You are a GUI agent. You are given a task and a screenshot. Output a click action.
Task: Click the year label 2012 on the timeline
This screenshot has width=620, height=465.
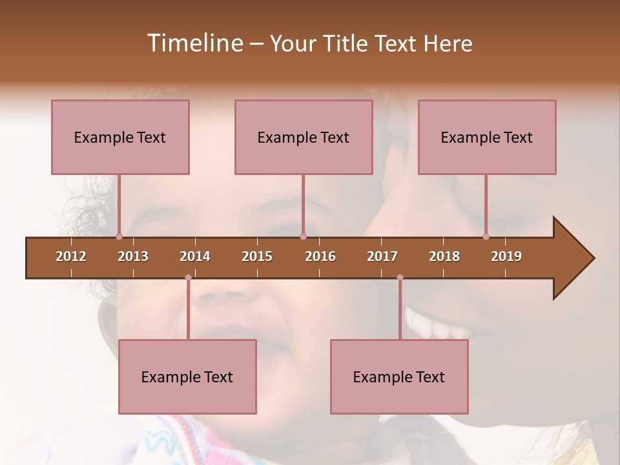point(71,256)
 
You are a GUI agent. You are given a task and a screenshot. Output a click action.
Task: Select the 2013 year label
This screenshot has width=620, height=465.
point(133,256)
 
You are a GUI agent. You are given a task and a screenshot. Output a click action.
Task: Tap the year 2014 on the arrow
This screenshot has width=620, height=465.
point(195,256)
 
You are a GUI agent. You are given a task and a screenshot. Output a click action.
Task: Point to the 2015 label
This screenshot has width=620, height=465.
point(257,256)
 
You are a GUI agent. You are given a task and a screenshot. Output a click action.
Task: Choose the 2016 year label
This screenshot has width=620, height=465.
point(320,256)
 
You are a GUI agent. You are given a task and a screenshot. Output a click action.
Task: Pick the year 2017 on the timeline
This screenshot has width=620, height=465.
point(382,256)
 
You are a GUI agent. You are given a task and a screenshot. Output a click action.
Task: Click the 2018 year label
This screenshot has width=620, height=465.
point(444,256)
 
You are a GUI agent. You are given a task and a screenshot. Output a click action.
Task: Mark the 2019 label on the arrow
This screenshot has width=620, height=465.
point(506,256)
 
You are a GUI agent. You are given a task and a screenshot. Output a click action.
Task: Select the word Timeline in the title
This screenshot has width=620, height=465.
point(194,43)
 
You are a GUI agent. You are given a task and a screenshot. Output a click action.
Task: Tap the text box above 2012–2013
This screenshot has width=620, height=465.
point(120,137)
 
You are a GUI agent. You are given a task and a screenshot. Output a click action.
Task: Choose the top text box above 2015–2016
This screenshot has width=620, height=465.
point(304,137)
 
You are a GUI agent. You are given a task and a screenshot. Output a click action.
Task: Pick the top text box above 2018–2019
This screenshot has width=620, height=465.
point(487,137)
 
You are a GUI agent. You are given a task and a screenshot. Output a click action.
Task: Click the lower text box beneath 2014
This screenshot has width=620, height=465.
point(187,377)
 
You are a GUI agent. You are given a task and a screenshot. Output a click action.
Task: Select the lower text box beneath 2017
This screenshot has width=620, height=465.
point(399,377)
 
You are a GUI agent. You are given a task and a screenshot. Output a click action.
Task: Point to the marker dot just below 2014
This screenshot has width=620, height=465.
point(188,278)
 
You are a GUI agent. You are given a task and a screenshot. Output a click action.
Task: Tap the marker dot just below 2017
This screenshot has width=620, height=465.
point(400,278)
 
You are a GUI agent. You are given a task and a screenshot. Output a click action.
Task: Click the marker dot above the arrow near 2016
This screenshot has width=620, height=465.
point(303,236)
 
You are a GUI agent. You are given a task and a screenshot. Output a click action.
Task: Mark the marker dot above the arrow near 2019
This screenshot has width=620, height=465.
point(486,236)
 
